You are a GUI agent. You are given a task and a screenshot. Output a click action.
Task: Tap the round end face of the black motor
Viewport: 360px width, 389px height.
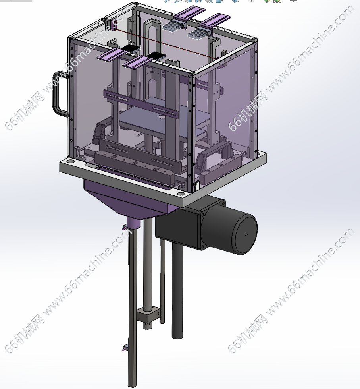tap(244, 234)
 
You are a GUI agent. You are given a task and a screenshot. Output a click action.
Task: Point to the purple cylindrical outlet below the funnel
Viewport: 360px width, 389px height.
tap(133, 223)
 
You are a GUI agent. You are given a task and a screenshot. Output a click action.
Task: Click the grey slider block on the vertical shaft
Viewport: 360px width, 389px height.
tap(148, 315)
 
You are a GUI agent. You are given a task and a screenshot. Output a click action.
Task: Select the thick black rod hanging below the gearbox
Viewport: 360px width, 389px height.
tap(177, 290)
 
